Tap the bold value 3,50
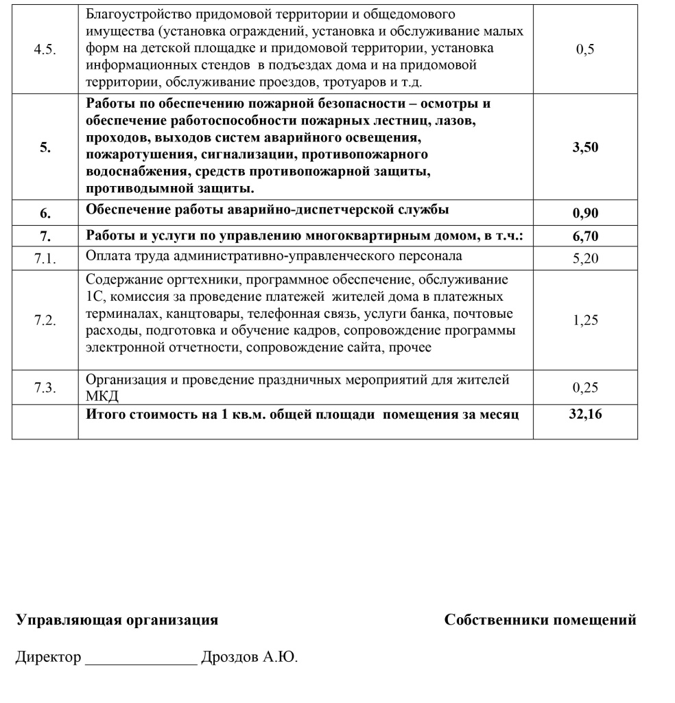[x=585, y=147]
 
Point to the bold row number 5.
[x=45, y=147]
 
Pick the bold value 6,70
[x=585, y=236]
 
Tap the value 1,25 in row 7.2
[x=585, y=321]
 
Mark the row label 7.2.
[x=45, y=321]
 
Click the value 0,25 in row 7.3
[x=585, y=388]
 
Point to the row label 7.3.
[x=45, y=388]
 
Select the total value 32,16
[x=585, y=414]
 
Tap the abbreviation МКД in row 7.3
[x=102, y=397]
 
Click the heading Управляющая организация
[x=117, y=620]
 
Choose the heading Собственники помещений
[x=540, y=620]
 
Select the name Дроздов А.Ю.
[x=249, y=657]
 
